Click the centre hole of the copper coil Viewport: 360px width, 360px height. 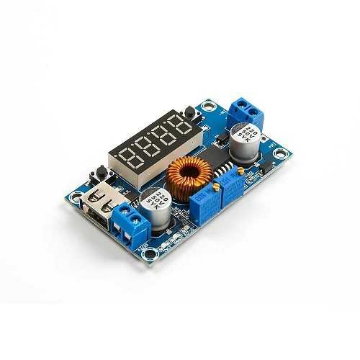click(190, 174)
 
